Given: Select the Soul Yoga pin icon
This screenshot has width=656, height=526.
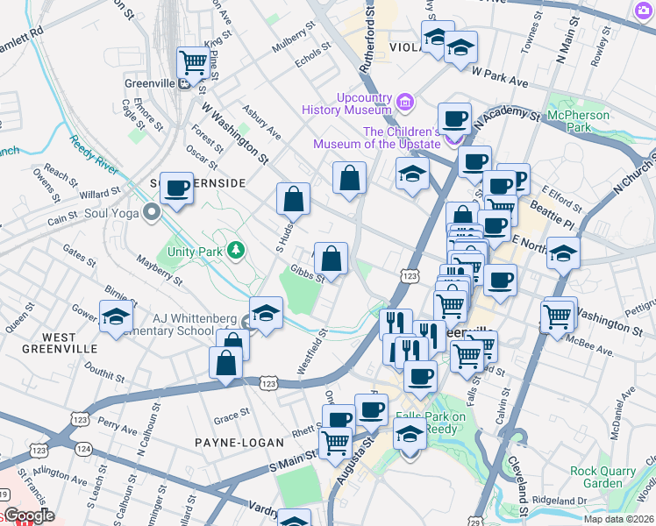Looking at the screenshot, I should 153,211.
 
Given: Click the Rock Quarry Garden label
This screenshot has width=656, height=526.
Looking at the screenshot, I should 602,477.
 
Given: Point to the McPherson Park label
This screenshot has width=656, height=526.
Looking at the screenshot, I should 578,122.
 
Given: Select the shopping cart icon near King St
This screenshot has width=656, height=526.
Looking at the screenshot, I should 193,62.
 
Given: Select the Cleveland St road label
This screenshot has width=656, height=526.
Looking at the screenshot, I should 524,495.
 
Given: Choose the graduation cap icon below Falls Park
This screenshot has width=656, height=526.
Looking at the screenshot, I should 410,434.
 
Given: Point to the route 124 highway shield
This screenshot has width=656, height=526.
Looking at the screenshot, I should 83,448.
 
